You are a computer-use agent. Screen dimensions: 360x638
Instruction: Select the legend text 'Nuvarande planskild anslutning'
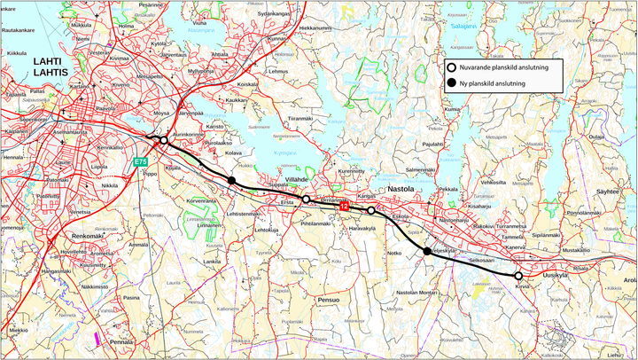506,67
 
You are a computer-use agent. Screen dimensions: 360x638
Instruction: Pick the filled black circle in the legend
452,83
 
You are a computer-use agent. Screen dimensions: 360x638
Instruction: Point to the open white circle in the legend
452,67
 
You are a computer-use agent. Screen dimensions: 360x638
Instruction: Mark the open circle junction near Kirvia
518,276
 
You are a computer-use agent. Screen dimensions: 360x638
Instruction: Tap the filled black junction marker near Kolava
231,181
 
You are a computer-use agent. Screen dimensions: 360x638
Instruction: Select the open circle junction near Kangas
371,210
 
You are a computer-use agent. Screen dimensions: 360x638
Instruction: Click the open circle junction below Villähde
306,199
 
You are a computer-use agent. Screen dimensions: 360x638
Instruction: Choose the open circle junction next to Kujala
163,140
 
